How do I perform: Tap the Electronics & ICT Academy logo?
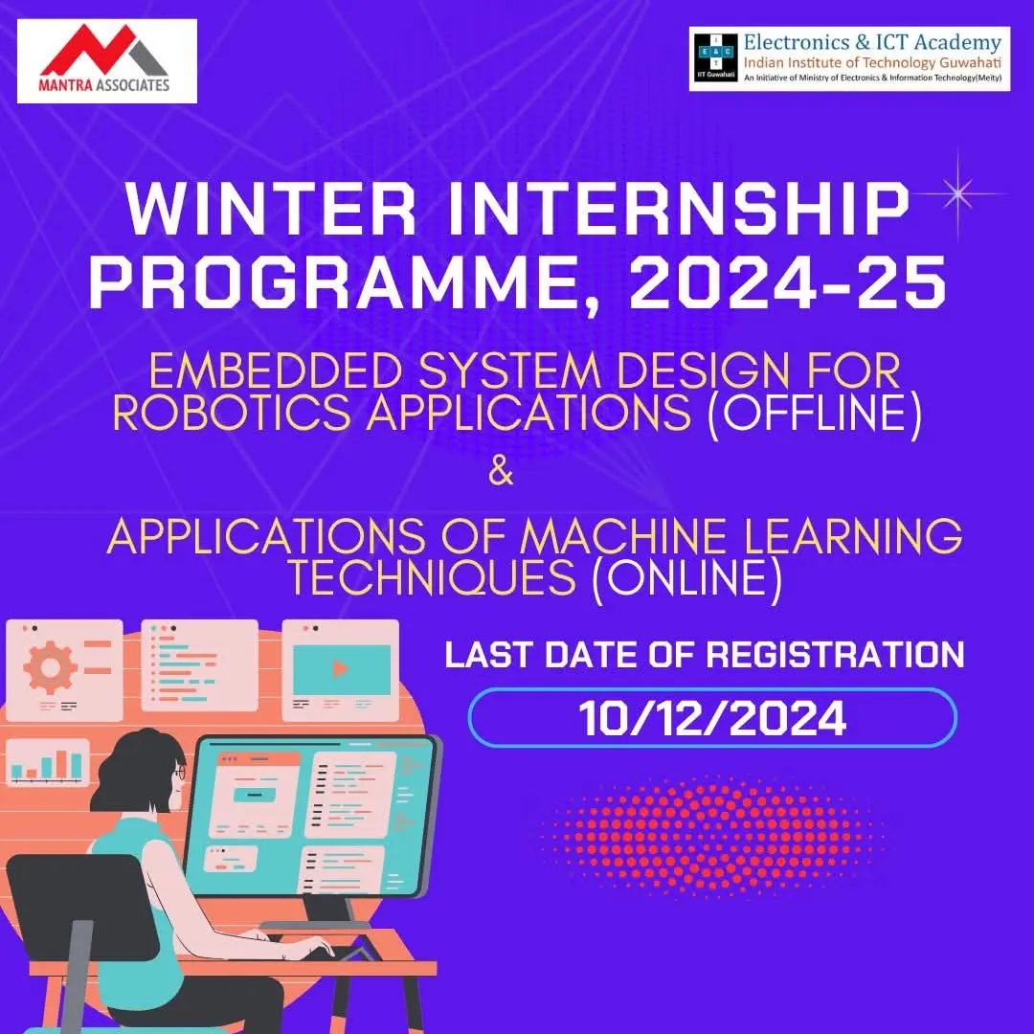pyautogui.click(x=849, y=58)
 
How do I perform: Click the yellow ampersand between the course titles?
pyautogui.click(x=500, y=473)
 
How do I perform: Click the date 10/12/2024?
pyautogui.click(x=712, y=718)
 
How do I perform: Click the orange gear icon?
pyautogui.click(x=50, y=667)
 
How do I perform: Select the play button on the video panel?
pyautogui.click(x=341, y=668)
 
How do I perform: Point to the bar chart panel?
pyautogui.click(x=48, y=763)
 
